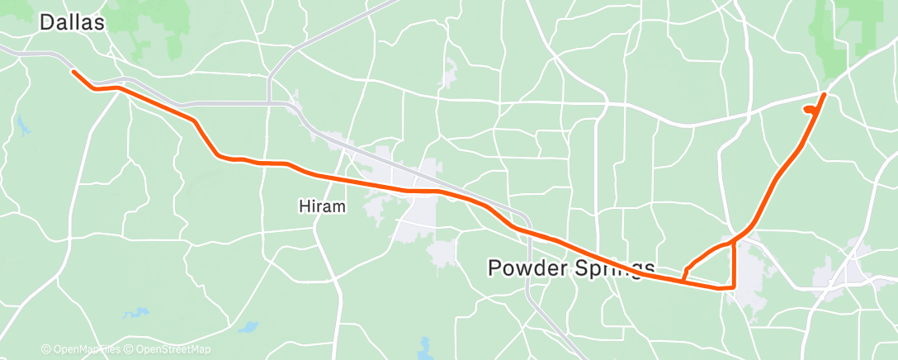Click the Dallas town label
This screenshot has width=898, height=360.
point(73,22)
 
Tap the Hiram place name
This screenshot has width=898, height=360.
point(321,207)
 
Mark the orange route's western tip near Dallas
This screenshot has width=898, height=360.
point(73,72)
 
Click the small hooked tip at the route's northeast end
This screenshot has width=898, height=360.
point(806,107)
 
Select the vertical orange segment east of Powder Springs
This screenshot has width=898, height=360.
point(734,264)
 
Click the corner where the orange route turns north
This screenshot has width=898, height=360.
point(733,287)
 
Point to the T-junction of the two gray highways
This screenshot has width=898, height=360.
point(270,103)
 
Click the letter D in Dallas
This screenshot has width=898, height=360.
point(47,22)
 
